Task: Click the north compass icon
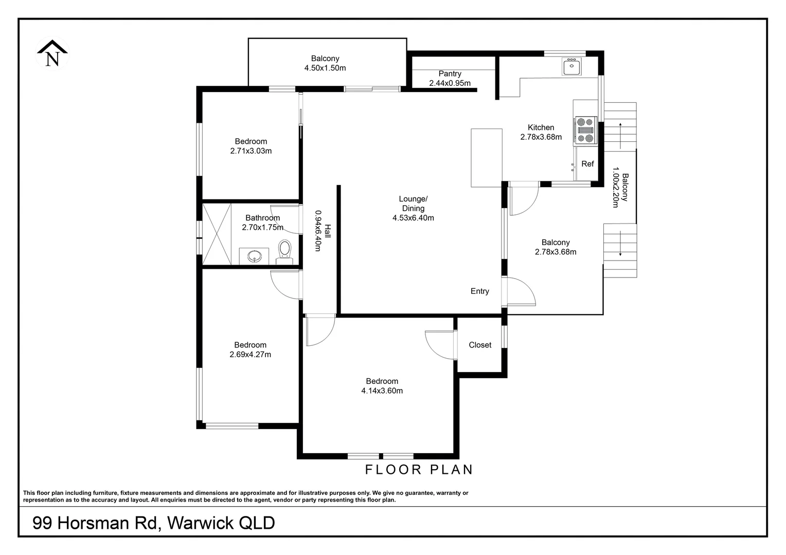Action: tap(51, 53)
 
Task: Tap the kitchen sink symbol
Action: tap(571, 67)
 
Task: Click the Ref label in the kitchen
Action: tap(587, 164)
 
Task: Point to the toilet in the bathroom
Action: tap(284, 251)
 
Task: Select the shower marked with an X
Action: tap(217, 234)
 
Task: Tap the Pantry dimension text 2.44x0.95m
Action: tap(450, 83)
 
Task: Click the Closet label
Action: tap(480, 345)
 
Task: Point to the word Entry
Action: tap(479, 291)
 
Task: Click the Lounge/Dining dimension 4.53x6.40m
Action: tap(413, 218)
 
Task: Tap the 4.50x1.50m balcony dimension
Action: tap(325, 68)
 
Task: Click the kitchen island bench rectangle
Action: tap(486, 158)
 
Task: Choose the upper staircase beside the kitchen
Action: tap(620, 126)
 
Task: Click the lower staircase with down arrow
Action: tap(620, 250)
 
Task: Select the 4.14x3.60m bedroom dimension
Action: tap(382, 391)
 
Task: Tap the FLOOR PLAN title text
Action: tap(419, 469)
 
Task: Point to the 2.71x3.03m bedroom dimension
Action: tap(251, 151)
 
